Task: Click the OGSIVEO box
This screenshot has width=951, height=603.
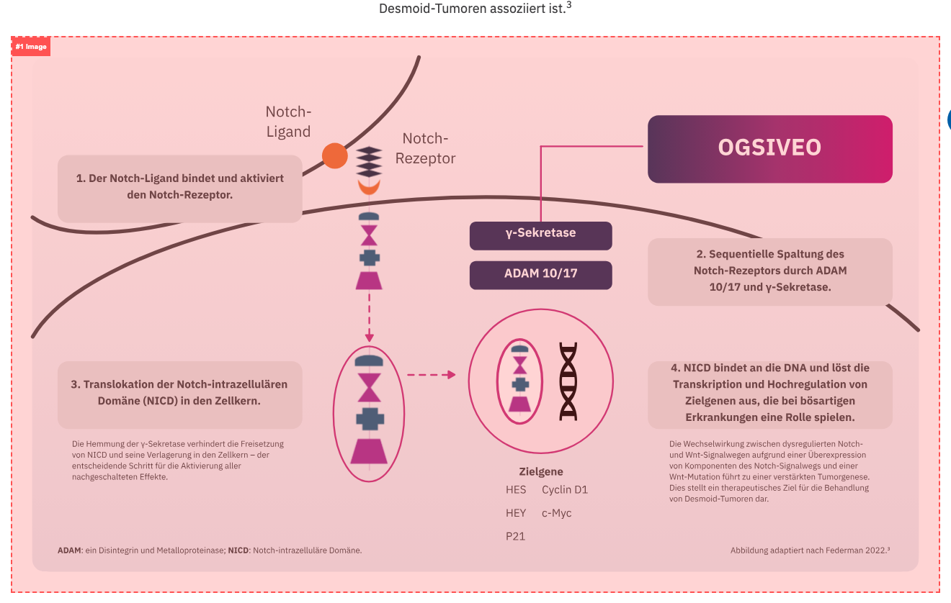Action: pyautogui.click(x=769, y=148)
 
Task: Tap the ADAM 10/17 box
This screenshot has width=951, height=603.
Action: pyautogui.click(x=540, y=275)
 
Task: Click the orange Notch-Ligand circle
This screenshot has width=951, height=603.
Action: pyautogui.click(x=334, y=155)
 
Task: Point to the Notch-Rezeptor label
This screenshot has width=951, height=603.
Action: pyautogui.click(x=426, y=148)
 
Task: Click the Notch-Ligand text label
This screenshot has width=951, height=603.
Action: pyautogui.click(x=288, y=122)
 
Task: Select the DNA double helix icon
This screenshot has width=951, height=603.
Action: pyautogui.click(x=569, y=381)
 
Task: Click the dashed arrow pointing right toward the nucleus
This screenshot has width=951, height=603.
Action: pyautogui.click(x=431, y=374)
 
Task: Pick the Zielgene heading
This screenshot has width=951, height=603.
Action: pyautogui.click(x=541, y=472)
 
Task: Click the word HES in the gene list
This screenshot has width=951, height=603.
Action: pyautogui.click(x=516, y=490)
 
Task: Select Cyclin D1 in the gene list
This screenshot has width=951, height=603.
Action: pyautogui.click(x=565, y=490)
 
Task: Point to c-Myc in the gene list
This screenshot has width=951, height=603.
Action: pyautogui.click(x=556, y=513)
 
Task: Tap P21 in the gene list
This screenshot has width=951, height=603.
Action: pyautogui.click(x=516, y=536)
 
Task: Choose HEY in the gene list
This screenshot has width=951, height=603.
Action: pyautogui.click(x=516, y=513)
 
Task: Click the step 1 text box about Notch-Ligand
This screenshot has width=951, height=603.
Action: pyautogui.click(x=179, y=186)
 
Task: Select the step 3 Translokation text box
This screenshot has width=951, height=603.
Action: pyautogui.click(x=179, y=393)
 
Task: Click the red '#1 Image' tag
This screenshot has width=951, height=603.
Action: pyautogui.click(x=31, y=47)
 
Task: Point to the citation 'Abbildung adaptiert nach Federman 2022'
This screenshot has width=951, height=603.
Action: pyautogui.click(x=810, y=550)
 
